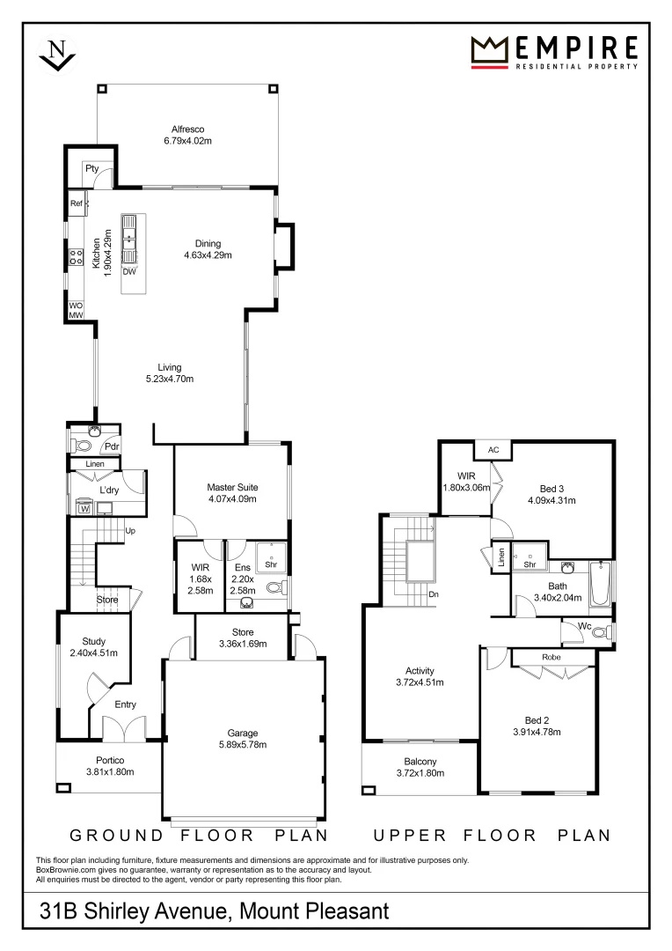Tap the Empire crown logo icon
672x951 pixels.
[491, 49]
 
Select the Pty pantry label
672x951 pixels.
[91, 169]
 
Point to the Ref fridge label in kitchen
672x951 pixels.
[76, 204]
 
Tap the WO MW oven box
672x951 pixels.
[76, 310]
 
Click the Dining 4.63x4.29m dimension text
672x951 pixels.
[208, 255]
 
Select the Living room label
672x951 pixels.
[169, 367]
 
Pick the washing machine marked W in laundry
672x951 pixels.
[85, 507]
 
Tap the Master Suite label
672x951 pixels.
[232, 487]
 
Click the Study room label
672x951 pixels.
[94, 642]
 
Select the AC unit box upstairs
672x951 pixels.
[493, 450]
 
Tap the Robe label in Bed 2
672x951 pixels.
[552, 658]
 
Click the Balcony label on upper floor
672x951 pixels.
[420, 762]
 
